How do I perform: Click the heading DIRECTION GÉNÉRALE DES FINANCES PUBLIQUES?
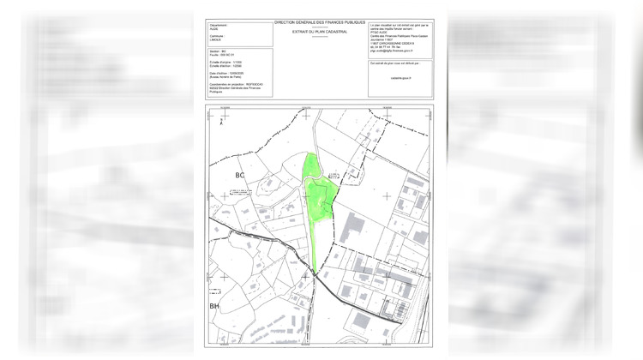(320, 21)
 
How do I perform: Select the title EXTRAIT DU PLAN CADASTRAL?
(320, 31)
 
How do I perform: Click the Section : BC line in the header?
(219, 52)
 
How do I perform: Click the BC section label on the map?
(241, 176)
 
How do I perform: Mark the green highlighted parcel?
(317, 206)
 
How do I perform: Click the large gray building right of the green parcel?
(353, 227)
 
